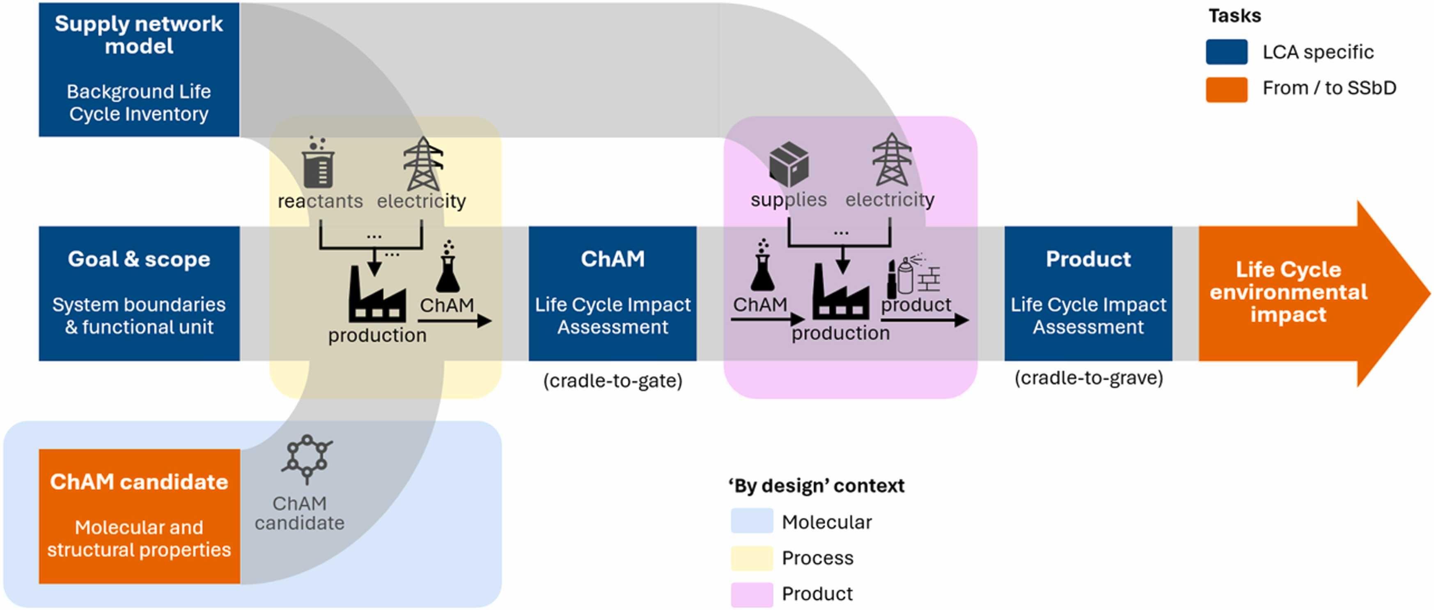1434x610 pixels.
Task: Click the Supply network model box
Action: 139,69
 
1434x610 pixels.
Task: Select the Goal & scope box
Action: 139,294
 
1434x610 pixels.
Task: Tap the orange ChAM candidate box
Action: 139,516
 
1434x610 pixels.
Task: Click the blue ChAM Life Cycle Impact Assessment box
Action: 613,294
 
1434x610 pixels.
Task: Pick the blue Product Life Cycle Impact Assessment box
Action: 1088,294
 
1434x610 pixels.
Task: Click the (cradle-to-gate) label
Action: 613,381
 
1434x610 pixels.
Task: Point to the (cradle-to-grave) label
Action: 1088,378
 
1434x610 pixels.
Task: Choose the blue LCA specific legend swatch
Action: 1226,52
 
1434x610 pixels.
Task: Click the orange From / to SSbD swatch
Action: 1226,89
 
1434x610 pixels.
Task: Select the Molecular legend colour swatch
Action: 752,521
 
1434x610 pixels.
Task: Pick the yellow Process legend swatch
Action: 752,558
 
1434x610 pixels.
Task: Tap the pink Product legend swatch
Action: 752,594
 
